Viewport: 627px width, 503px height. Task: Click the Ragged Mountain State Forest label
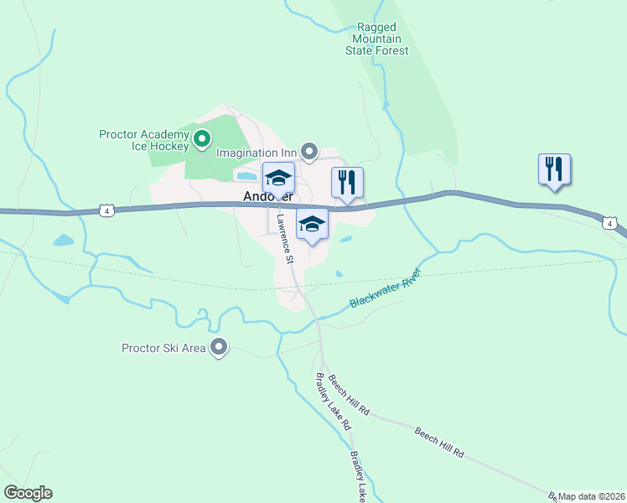[x=376, y=39]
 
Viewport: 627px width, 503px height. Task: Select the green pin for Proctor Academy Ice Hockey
[x=201, y=138]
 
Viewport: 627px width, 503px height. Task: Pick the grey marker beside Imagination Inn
[x=309, y=153]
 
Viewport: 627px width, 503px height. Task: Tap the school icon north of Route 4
[x=278, y=179]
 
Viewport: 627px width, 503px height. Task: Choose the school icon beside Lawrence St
[x=312, y=224]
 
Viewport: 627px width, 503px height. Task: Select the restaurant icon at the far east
[x=554, y=169]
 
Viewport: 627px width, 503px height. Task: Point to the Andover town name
[x=267, y=197]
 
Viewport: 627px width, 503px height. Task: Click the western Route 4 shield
[x=106, y=210]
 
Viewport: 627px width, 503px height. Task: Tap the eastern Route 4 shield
[x=610, y=222]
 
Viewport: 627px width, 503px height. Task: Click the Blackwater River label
[x=384, y=288]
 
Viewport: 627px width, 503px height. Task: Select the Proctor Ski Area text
[x=163, y=348]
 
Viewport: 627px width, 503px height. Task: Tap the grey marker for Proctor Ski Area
[x=220, y=346]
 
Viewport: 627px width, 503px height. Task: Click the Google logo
[x=28, y=493]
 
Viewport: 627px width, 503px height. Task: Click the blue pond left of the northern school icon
[x=246, y=176]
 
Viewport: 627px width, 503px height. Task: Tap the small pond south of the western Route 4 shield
[x=63, y=241]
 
